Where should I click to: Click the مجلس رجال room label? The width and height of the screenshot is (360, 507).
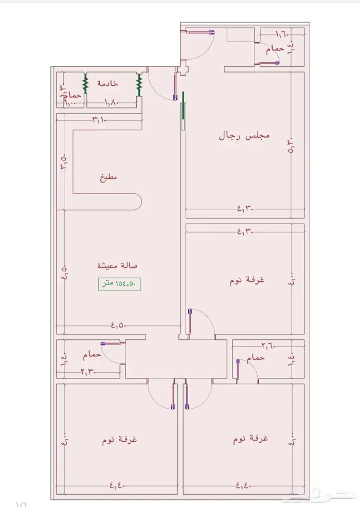245,136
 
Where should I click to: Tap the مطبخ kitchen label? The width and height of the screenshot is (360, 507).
108,177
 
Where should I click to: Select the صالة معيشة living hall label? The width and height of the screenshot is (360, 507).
118,266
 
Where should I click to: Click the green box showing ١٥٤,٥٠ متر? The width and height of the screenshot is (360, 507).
120,283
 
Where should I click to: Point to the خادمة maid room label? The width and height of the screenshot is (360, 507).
108,83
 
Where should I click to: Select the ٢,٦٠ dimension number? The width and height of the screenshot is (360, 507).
268,345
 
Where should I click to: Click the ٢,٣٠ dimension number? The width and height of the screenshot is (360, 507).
88,372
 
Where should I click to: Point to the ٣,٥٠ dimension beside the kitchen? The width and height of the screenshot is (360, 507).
63,162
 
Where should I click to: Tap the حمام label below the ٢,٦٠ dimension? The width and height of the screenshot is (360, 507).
256,357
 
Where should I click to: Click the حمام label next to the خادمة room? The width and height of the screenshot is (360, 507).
75,96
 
